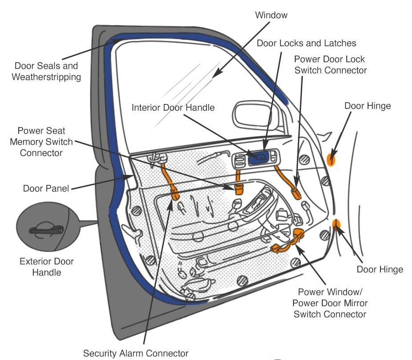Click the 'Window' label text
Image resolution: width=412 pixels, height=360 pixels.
point(271,15)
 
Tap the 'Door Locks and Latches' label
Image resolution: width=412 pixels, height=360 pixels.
point(306,43)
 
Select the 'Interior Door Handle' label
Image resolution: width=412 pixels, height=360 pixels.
point(173,108)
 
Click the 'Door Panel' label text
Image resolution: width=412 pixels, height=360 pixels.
point(46,188)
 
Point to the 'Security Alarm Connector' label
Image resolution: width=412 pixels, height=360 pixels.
point(136,353)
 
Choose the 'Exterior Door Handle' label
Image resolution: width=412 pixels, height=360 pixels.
point(47,266)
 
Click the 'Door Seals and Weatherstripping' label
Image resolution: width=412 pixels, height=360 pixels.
point(46,71)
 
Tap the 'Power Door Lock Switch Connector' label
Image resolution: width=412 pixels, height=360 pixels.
point(330,64)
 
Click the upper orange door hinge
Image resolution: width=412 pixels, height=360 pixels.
point(331,159)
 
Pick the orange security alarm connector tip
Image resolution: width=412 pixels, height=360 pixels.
point(174,194)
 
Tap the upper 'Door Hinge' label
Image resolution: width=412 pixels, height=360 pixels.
point(367,106)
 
